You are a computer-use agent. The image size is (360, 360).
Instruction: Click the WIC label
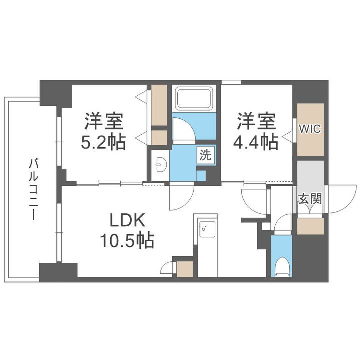[x=310, y=129]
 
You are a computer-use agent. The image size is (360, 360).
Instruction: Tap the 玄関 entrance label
[x=310, y=198]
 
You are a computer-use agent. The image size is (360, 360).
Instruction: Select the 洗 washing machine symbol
[x=206, y=155]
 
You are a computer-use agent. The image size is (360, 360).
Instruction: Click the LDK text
[x=127, y=220]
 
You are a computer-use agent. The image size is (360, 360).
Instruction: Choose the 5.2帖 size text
[x=104, y=142]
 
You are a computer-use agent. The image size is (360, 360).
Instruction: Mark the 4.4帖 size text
[x=256, y=142]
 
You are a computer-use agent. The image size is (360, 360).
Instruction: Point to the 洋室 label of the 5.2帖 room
[x=104, y=121]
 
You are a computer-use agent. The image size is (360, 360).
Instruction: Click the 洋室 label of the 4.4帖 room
[x=256, y=121]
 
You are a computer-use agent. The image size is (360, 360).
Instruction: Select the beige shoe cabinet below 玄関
[x=310, y=226]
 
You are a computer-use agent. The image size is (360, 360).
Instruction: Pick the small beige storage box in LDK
[x=185, y=269]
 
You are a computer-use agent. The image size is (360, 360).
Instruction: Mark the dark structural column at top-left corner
[x=55, y=92]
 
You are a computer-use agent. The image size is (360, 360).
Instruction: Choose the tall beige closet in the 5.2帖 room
[x=159, y=105]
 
